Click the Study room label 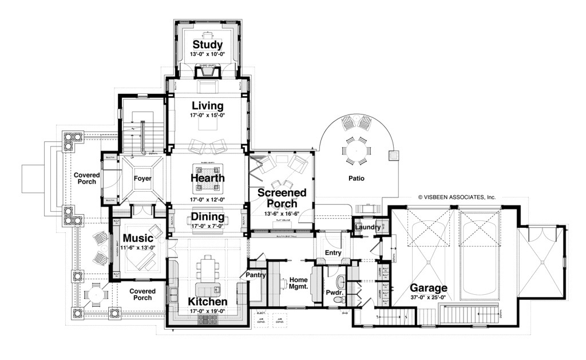pyautogui.click(x=207, y=45)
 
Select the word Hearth pyautogui.click(x=207, y=178)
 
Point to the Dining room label pyautogui.click(x=207, y=217)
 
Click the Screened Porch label pyautogui.click(x=282, y=198)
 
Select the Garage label pyautogui.click(x=429, y=288)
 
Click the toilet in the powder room pyautogui.click(x=340, y=280)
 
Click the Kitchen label pyautogui.click(x=207, y=302)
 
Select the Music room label pyautogui.click(x=138, y=238)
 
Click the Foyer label pyautogui.click(x=142, y=179)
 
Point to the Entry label pyautogui.click(x=332, y=252)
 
